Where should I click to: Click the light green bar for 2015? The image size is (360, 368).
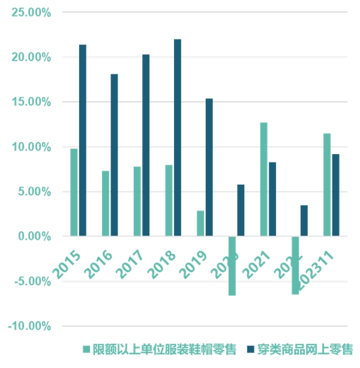(x=74, y=192)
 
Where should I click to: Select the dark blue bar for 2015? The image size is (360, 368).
(x=83, y=140)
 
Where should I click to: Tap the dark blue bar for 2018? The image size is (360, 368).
(x=178, y=137)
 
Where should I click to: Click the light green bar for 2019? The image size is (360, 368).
(x=200, y=223)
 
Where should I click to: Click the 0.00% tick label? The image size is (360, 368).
(x=33, y=236)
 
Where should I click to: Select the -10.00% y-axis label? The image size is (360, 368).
(x=30, y=326)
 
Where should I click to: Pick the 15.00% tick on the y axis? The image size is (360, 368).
(x=31, y=102)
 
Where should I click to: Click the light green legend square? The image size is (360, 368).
(x=86, y=349)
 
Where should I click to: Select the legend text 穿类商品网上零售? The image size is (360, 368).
(x=305, y=349)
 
